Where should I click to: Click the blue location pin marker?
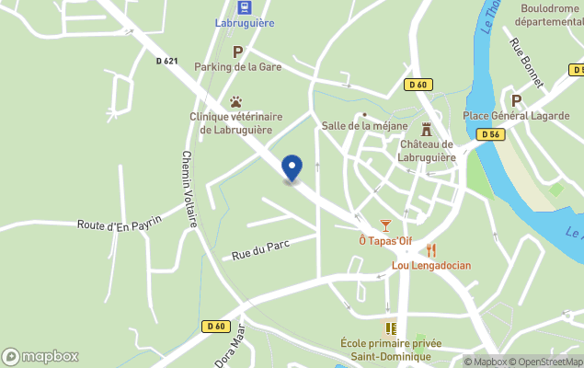(x=292, y=168)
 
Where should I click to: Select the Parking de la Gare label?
(x=237, y=66)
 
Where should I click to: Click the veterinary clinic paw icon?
(x=236, y=102)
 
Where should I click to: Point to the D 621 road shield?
(x=166, y=62)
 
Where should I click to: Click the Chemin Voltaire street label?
(x=189, y=189)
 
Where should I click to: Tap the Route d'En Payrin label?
(x=120, y=222)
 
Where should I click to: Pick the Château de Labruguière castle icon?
(x=426, y=129)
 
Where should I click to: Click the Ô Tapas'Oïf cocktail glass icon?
(x=385, y=225)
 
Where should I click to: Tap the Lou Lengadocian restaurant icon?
(x=431, y=250)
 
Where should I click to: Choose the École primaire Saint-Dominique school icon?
(x=391, y=328)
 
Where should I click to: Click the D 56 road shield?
(x=489, y=134)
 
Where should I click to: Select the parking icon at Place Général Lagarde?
(x=516, y=100)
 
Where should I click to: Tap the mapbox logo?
(x=40, y=356)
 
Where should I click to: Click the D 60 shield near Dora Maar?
(x=216, y=326)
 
